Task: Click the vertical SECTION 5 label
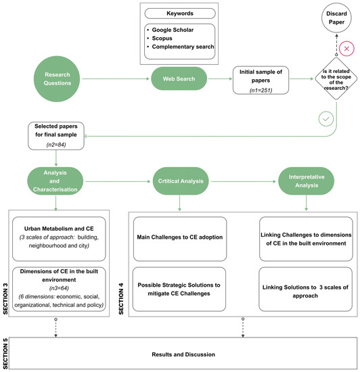point(5,354)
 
